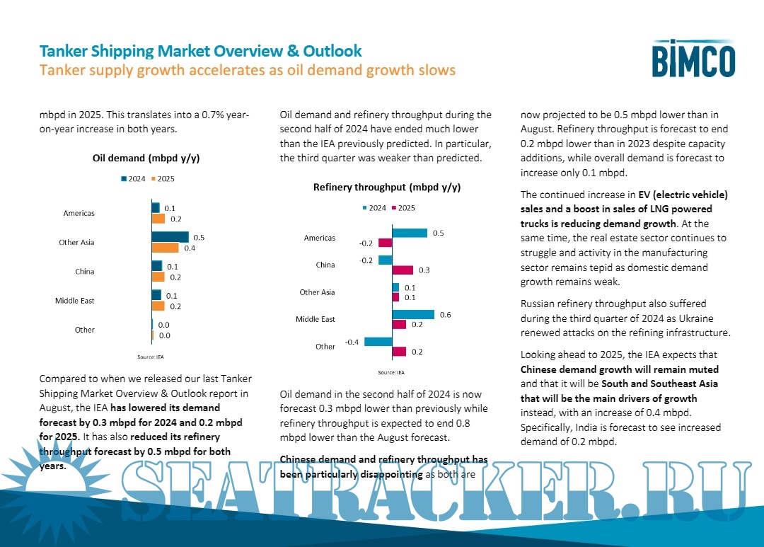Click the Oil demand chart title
click(146, 158)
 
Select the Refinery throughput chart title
click(386, 188)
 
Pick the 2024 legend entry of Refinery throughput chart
click(374, 208)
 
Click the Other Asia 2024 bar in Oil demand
click(170, 237)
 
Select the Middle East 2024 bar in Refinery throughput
click(413, 314)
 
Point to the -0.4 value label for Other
click(351, 342)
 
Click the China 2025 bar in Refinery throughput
click(403, 270)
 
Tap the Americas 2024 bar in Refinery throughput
click(410, 233)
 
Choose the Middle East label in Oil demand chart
click(75, 301)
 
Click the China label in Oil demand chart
click(85, 272)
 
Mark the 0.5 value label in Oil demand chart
click(199, 238)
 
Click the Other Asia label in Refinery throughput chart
click(318, 292)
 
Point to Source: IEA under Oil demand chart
click(150, 357)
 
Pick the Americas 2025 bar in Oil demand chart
click(158, 219)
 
